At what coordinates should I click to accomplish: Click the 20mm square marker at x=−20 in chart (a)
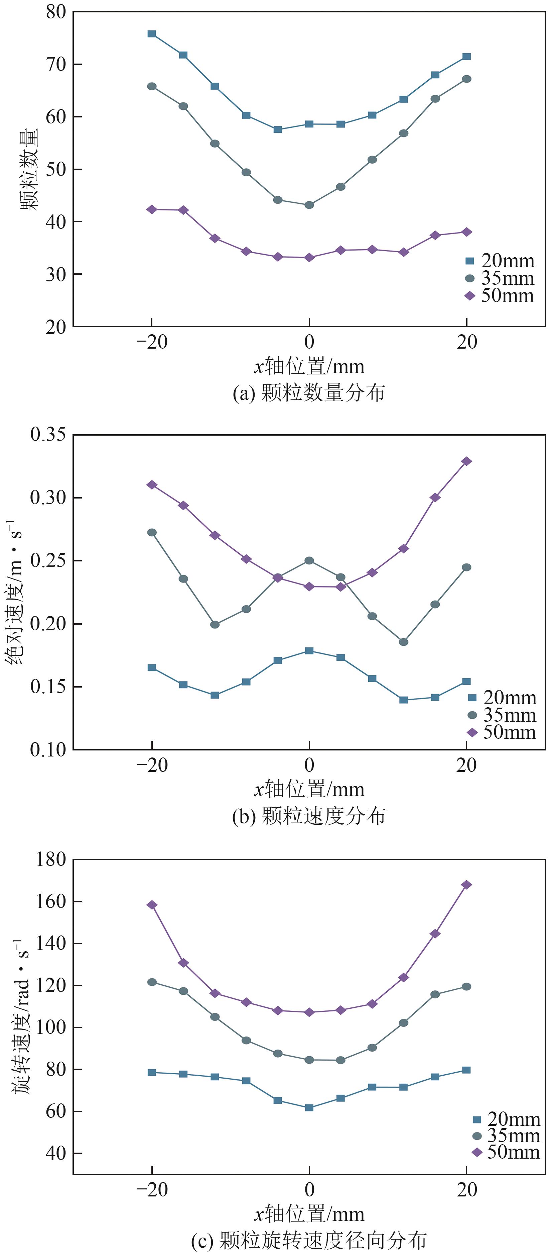tap(152, 34)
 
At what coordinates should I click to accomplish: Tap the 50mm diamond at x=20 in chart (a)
tap(466, 232)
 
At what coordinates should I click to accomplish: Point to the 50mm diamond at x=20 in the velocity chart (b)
tap(466, 461)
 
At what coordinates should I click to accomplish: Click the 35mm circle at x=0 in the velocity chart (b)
tap(309, 561)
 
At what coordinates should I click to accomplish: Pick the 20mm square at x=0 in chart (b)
tap(309, 651)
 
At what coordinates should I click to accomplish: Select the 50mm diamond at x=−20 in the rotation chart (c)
tap(152, 905)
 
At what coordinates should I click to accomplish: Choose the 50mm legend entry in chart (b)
tap(502, 732)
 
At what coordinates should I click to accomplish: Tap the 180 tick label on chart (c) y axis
tap(51, 859)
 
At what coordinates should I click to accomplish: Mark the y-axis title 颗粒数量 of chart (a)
tap(29, 169)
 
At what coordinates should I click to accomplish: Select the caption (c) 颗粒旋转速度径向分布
tap(309, 1241)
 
